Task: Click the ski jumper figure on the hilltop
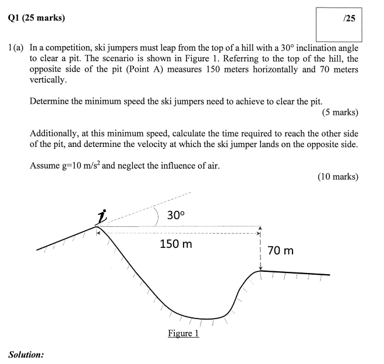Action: click(103, 218)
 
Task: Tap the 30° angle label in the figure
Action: click(175, 215)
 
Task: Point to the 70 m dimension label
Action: click(280, 251)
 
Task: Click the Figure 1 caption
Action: click(184, 333)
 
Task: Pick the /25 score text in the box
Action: click(350, 19)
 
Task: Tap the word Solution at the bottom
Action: click(26, 354)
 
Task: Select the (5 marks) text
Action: click(339, 113)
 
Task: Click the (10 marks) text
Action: click(337, 177)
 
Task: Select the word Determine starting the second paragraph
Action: click(49, 101)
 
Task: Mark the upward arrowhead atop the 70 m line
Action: click(260, 229)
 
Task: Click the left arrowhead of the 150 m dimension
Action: click(99, 232)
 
